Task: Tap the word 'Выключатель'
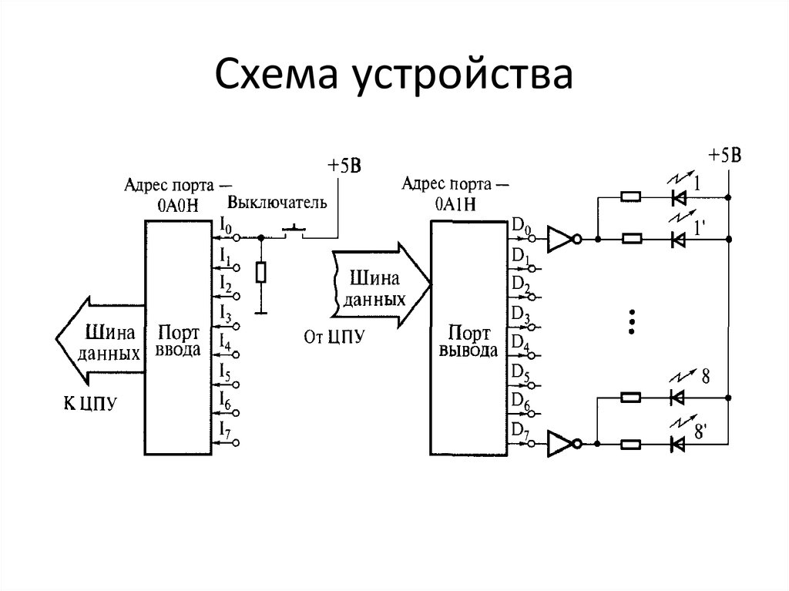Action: click(x=277, y=203)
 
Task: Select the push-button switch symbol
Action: click(x=293, y=230)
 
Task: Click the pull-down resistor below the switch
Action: click(x=261, y=273)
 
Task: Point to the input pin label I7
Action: click(x=225, y=429)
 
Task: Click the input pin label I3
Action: click(x=225, y=313)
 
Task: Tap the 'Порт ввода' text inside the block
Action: click(x=179, y=341)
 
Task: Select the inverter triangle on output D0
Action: click(x=559, y=240)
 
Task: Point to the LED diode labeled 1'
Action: click(x=678, y=240)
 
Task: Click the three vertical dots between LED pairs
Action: click(x=631, y=321)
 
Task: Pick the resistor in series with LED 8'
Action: click(x=630, y=444)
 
